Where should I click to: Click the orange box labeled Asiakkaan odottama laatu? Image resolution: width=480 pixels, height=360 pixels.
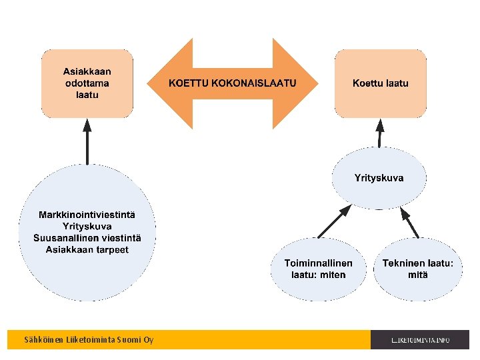87,83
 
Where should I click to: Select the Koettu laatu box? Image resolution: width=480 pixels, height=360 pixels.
380,83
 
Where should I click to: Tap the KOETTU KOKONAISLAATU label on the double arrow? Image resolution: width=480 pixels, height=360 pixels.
232,83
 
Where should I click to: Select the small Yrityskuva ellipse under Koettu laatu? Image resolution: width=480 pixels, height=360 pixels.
379,178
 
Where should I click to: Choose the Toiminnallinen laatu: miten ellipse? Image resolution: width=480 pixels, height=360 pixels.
319,269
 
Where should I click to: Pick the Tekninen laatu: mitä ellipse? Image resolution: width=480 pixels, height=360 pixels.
418,269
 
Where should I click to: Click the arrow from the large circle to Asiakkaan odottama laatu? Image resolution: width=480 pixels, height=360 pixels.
87,141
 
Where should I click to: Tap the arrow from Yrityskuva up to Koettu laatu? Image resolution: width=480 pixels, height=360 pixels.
380,133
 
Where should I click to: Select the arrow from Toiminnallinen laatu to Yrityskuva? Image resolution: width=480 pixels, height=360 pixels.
334,221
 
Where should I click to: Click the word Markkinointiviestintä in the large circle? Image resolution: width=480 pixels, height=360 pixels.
87,215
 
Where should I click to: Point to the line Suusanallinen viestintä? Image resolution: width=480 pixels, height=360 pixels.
87,238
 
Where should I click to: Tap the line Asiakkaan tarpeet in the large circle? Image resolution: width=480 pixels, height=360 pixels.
87,249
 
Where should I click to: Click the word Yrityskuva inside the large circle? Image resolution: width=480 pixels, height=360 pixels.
87,227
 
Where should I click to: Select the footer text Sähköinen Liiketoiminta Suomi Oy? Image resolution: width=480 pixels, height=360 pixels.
89,340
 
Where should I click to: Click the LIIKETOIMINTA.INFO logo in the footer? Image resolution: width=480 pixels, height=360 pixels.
421,340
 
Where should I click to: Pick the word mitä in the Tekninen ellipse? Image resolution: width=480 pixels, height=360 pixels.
418,275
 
